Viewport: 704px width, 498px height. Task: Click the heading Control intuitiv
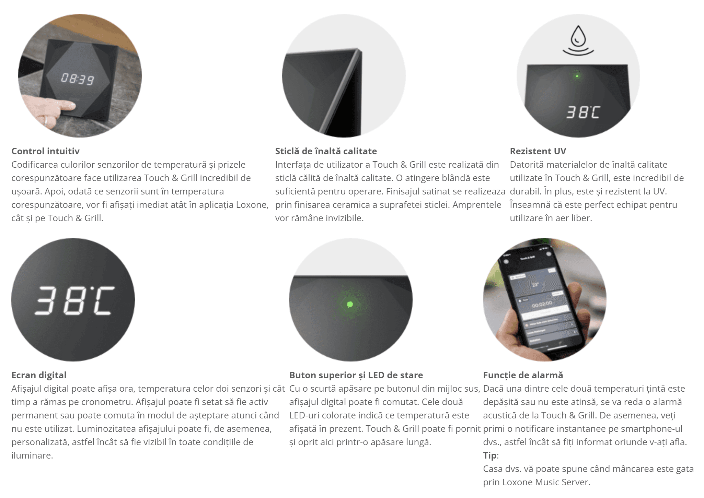pyautogui.click(x=45, y=151)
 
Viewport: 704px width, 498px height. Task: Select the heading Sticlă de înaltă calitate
pyautogui.click(x=326, y=151)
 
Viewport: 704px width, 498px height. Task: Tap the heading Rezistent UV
pyautogui.click(x=538, y=151)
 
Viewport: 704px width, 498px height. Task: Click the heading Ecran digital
pyautogui.click(x=39, y=375)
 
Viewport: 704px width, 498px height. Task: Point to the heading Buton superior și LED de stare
pyautogui.click(x=356, y=375)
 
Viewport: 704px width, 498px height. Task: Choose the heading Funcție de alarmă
pyautogui.click(x=523, y=375)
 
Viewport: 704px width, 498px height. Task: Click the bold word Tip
pyautogui.click(x=490, y=455)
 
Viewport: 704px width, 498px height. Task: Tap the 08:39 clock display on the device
pyautogui.click(x=78, y=79)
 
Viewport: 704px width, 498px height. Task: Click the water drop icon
pyautogui.click(x=578, y=40)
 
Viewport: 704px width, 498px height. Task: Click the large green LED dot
pyautogui.click(x=350, y=304)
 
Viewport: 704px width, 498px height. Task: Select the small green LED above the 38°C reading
pyautogui.click(x=577, y=76)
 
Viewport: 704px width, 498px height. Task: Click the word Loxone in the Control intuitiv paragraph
pyautogui.click(x=252, y=205)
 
